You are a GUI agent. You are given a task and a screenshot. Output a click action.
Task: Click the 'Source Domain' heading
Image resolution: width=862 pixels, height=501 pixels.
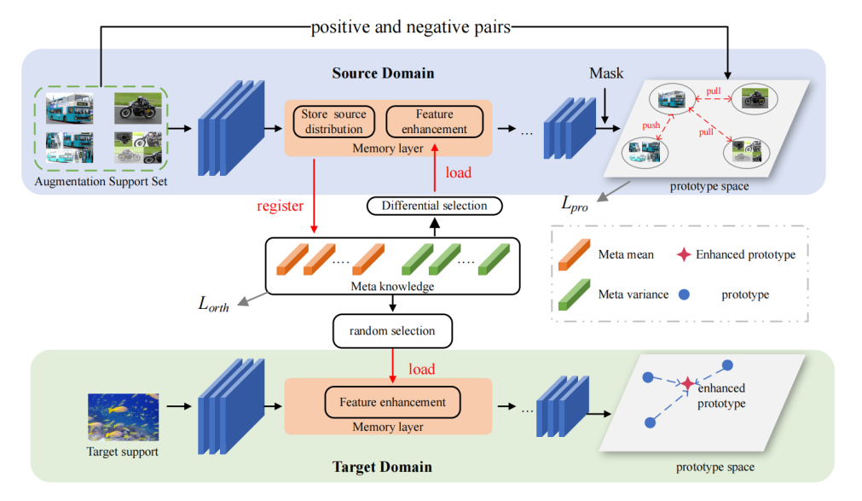coord(383,73)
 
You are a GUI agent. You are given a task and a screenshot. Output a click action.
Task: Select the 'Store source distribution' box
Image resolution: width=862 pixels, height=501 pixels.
coord(333,122)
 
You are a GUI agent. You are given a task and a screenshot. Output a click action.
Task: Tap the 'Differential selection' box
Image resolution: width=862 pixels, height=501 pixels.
coord(434,206)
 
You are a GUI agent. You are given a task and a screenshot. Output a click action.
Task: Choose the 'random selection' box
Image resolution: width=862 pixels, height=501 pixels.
coord(391,330)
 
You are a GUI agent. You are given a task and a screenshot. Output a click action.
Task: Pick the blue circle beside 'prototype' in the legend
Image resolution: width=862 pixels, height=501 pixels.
coord(684,294)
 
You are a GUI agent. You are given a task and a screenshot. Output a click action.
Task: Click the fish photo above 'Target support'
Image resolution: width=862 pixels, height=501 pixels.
coord(123,417)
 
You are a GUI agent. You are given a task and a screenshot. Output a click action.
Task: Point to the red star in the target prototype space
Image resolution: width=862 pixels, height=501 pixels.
coord(687,384)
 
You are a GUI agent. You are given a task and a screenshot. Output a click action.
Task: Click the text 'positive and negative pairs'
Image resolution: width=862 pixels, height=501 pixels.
coord(411,27)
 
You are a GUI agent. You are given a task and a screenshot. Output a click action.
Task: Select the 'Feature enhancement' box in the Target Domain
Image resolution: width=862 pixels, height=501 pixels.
coord(392,402)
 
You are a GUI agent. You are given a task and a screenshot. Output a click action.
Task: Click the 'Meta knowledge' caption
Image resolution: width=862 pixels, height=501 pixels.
coord(392,286)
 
